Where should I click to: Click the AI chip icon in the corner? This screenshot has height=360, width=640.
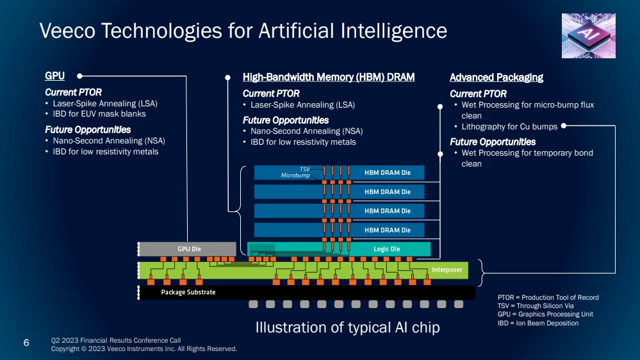(x=588, y=35)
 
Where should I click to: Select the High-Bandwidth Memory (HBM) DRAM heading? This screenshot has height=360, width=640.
(x=329, y=78)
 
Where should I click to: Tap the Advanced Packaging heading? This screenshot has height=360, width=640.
(x=496, y=78)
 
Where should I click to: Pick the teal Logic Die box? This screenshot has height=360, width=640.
(x=386, y=249)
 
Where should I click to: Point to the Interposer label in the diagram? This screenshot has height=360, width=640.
(x=447, y=270)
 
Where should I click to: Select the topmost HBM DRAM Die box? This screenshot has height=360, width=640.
(x=387, y=172)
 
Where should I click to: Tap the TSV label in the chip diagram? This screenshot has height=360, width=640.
(x=305, y=169)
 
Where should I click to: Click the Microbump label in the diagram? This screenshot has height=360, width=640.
(x=295, y=175)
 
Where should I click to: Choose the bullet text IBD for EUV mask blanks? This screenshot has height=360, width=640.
(x=99, y=114)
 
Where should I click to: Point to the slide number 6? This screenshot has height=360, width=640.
(x=26, y=343)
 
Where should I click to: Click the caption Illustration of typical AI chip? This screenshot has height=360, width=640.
(x=348, y=327)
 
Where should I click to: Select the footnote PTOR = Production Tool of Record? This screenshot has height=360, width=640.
(x=548, y=298)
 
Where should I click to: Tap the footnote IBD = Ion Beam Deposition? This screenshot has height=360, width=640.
(x=537, y=323)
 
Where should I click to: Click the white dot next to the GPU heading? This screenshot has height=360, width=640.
(x=80, y=76)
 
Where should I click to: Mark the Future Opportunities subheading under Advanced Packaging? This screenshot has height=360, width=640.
(x=493, y=142)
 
